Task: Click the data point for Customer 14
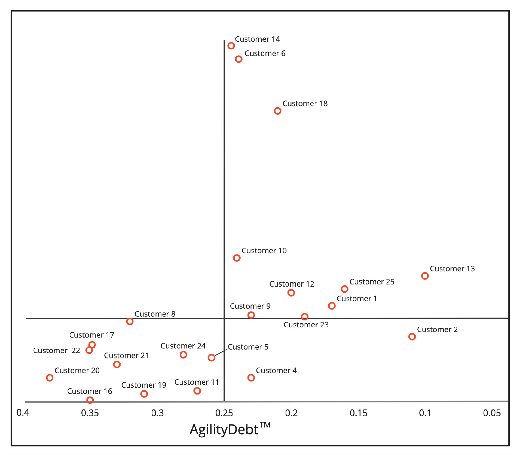click(231, 46)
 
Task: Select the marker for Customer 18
click(277, 111)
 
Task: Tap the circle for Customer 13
click(425, 276)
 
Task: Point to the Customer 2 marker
click(412, 337)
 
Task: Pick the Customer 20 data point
click(50, 378)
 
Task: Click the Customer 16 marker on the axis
click(90, 400)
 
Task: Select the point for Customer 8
click(130, 321)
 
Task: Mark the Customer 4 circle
click(251, 378)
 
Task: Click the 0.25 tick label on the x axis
click(224, 413)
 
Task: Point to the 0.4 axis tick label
click(23, 413)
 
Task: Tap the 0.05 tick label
click(492, 413)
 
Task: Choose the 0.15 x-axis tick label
click(358, 413)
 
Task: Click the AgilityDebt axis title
click(224, 430)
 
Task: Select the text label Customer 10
click(264, 251)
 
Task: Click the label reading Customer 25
click(372, 282)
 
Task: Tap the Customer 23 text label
click(306, 325)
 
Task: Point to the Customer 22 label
click(56, 350)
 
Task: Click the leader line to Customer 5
click(221, 353)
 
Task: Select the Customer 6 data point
click(238, 59)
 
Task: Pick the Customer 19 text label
click(143, 385)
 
